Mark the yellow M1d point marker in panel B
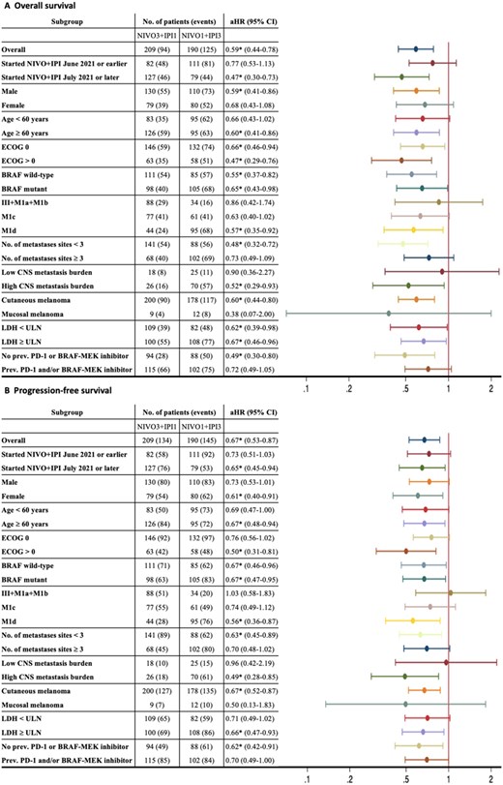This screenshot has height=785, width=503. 413,619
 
